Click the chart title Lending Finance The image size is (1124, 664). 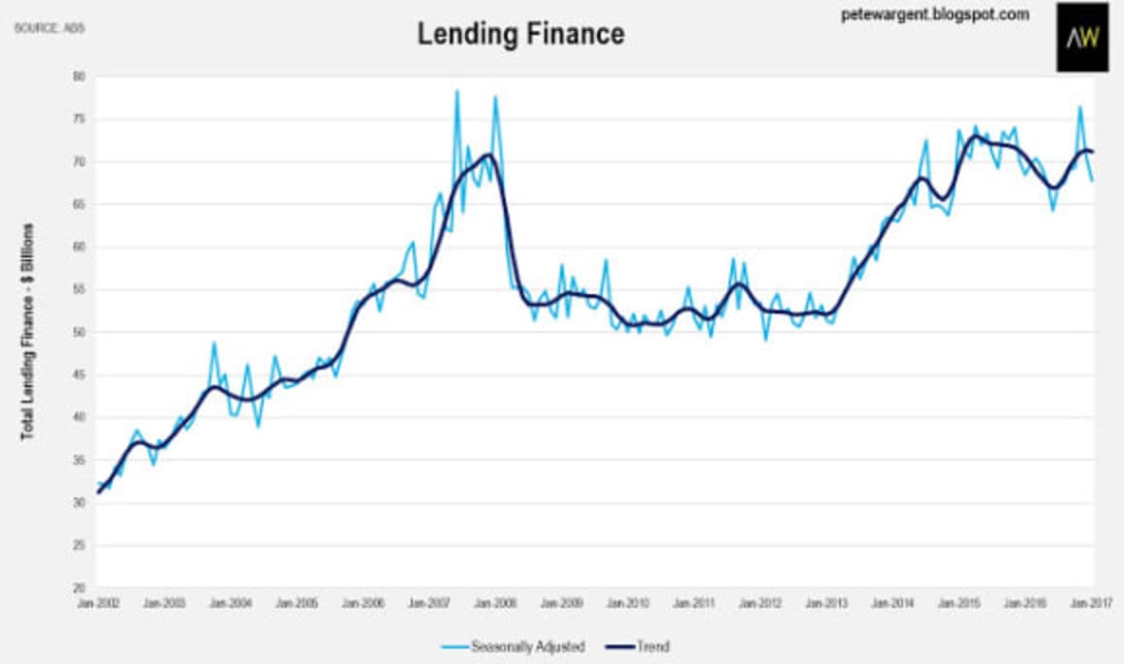click(520, 33)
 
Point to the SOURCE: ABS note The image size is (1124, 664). click(48, 27)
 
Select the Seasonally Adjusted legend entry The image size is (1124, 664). click(515, 646)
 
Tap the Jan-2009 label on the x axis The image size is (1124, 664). click(562, 602)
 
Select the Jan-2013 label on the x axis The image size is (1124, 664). click(827, 602)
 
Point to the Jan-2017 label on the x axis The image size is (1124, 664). click(1092, 602)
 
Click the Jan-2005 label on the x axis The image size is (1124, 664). click(297, 602)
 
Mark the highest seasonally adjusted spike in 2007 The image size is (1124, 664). click(456, 91)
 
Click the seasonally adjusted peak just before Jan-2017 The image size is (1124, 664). click(1079, 106)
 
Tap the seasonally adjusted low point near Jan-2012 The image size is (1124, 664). click(765, 340)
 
